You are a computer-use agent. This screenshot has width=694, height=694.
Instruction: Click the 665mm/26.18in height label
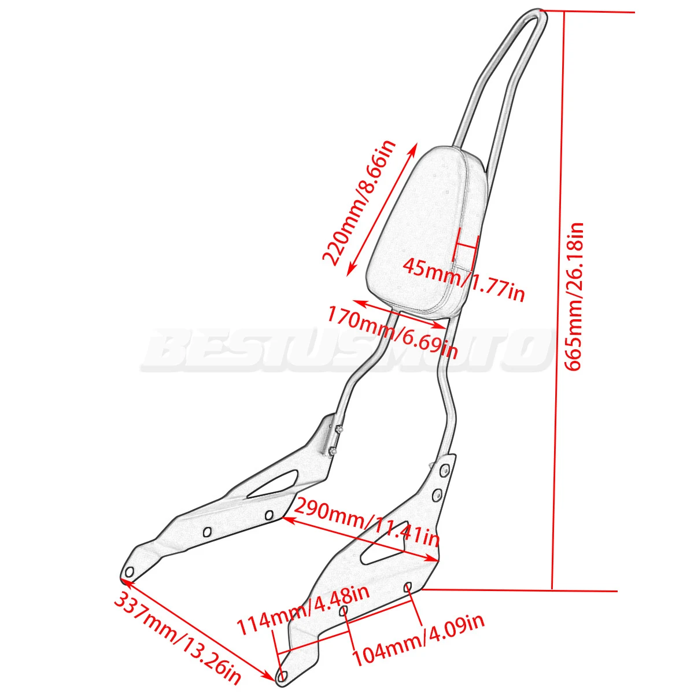[575, 296]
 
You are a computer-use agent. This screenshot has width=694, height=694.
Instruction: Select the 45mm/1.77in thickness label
[463, 280]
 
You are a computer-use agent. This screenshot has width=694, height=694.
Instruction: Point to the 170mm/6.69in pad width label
[393, 332]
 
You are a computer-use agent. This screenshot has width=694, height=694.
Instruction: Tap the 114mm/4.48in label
[303, 608]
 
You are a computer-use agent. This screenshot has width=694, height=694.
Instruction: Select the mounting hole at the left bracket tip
[129, 572]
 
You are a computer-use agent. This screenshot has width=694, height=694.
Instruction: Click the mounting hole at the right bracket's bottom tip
[283, 675]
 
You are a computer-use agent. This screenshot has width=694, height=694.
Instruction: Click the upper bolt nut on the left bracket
[337, 430]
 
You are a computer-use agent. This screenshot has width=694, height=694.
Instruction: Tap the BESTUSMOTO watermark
[344, 350]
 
